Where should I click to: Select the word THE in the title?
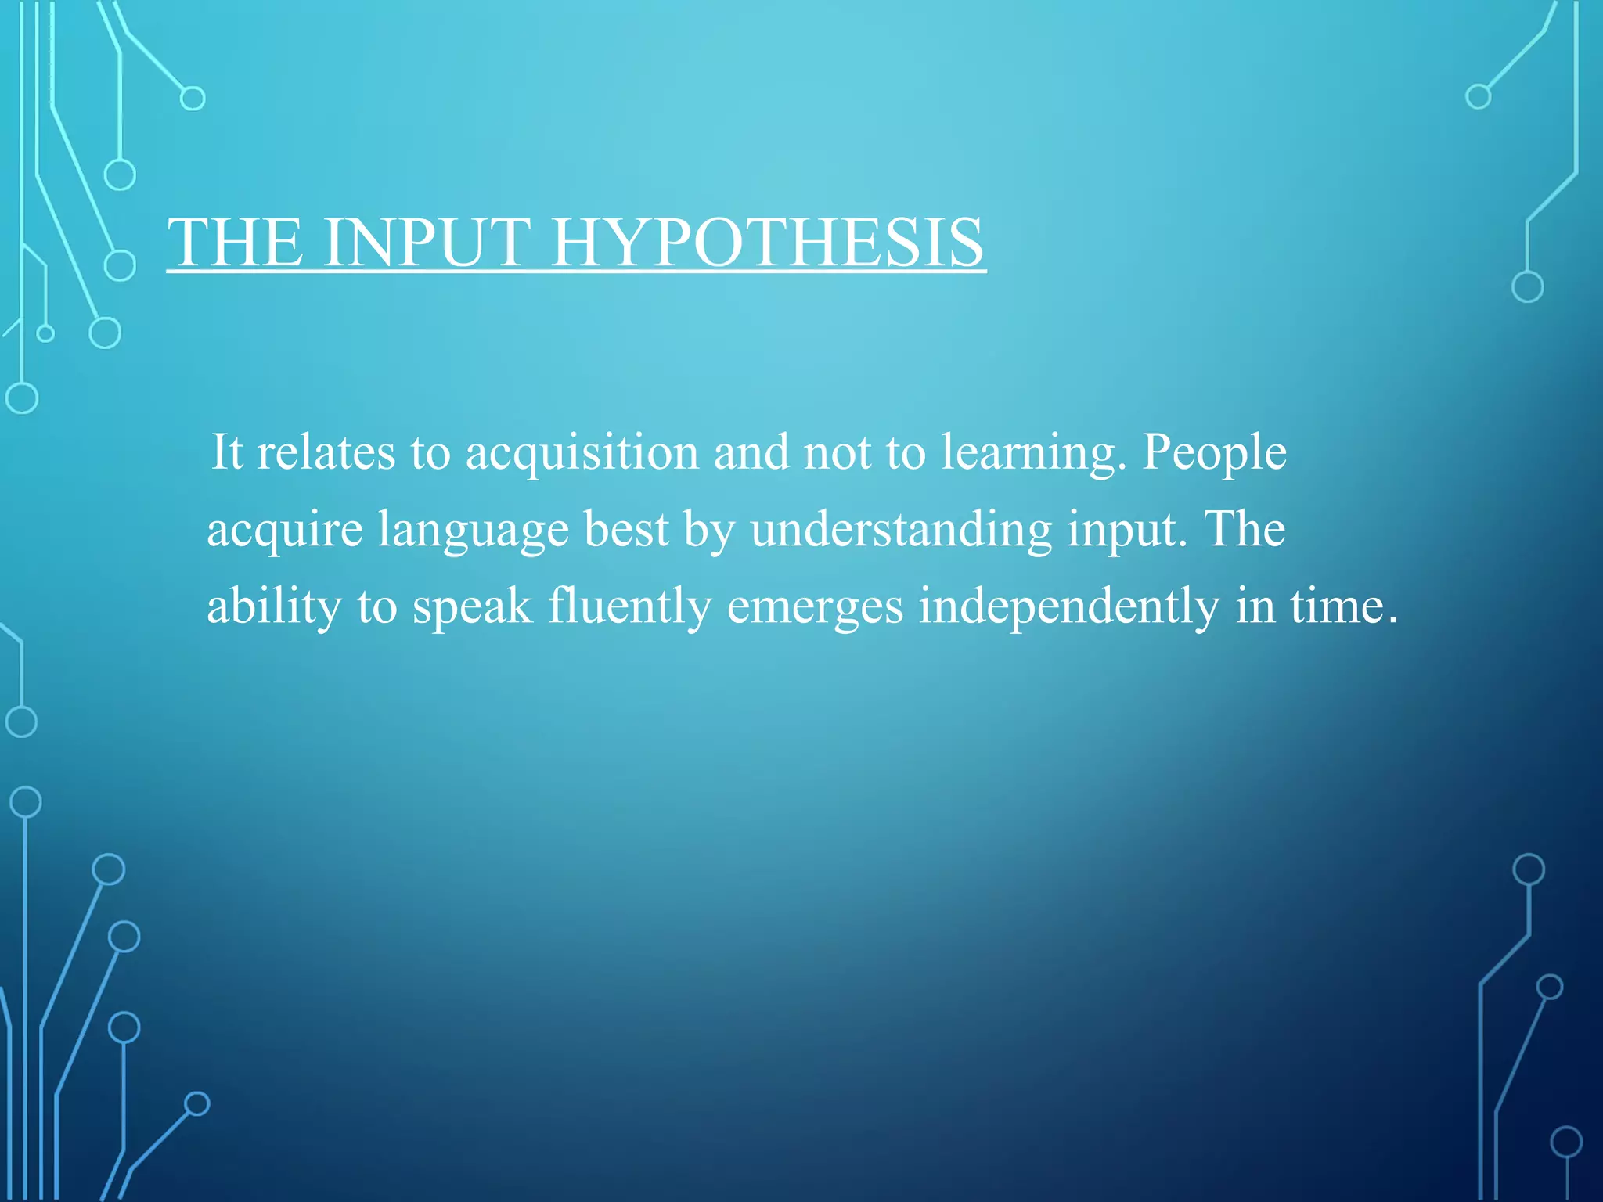(x=236, y=243)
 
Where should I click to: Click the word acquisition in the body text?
(x=582, y=453)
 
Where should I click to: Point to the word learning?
(x=1033, y=453)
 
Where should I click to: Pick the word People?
(x=1214, y=453)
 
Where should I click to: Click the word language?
(x=474, y=530)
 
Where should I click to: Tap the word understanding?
(x=901, y=530)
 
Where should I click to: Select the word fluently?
(x=629, y=606)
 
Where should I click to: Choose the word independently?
(x=1068, y=606)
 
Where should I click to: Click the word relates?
(x=326, y=453)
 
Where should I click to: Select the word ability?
(x=274, y=606)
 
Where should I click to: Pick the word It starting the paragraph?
(x=226, y=453)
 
